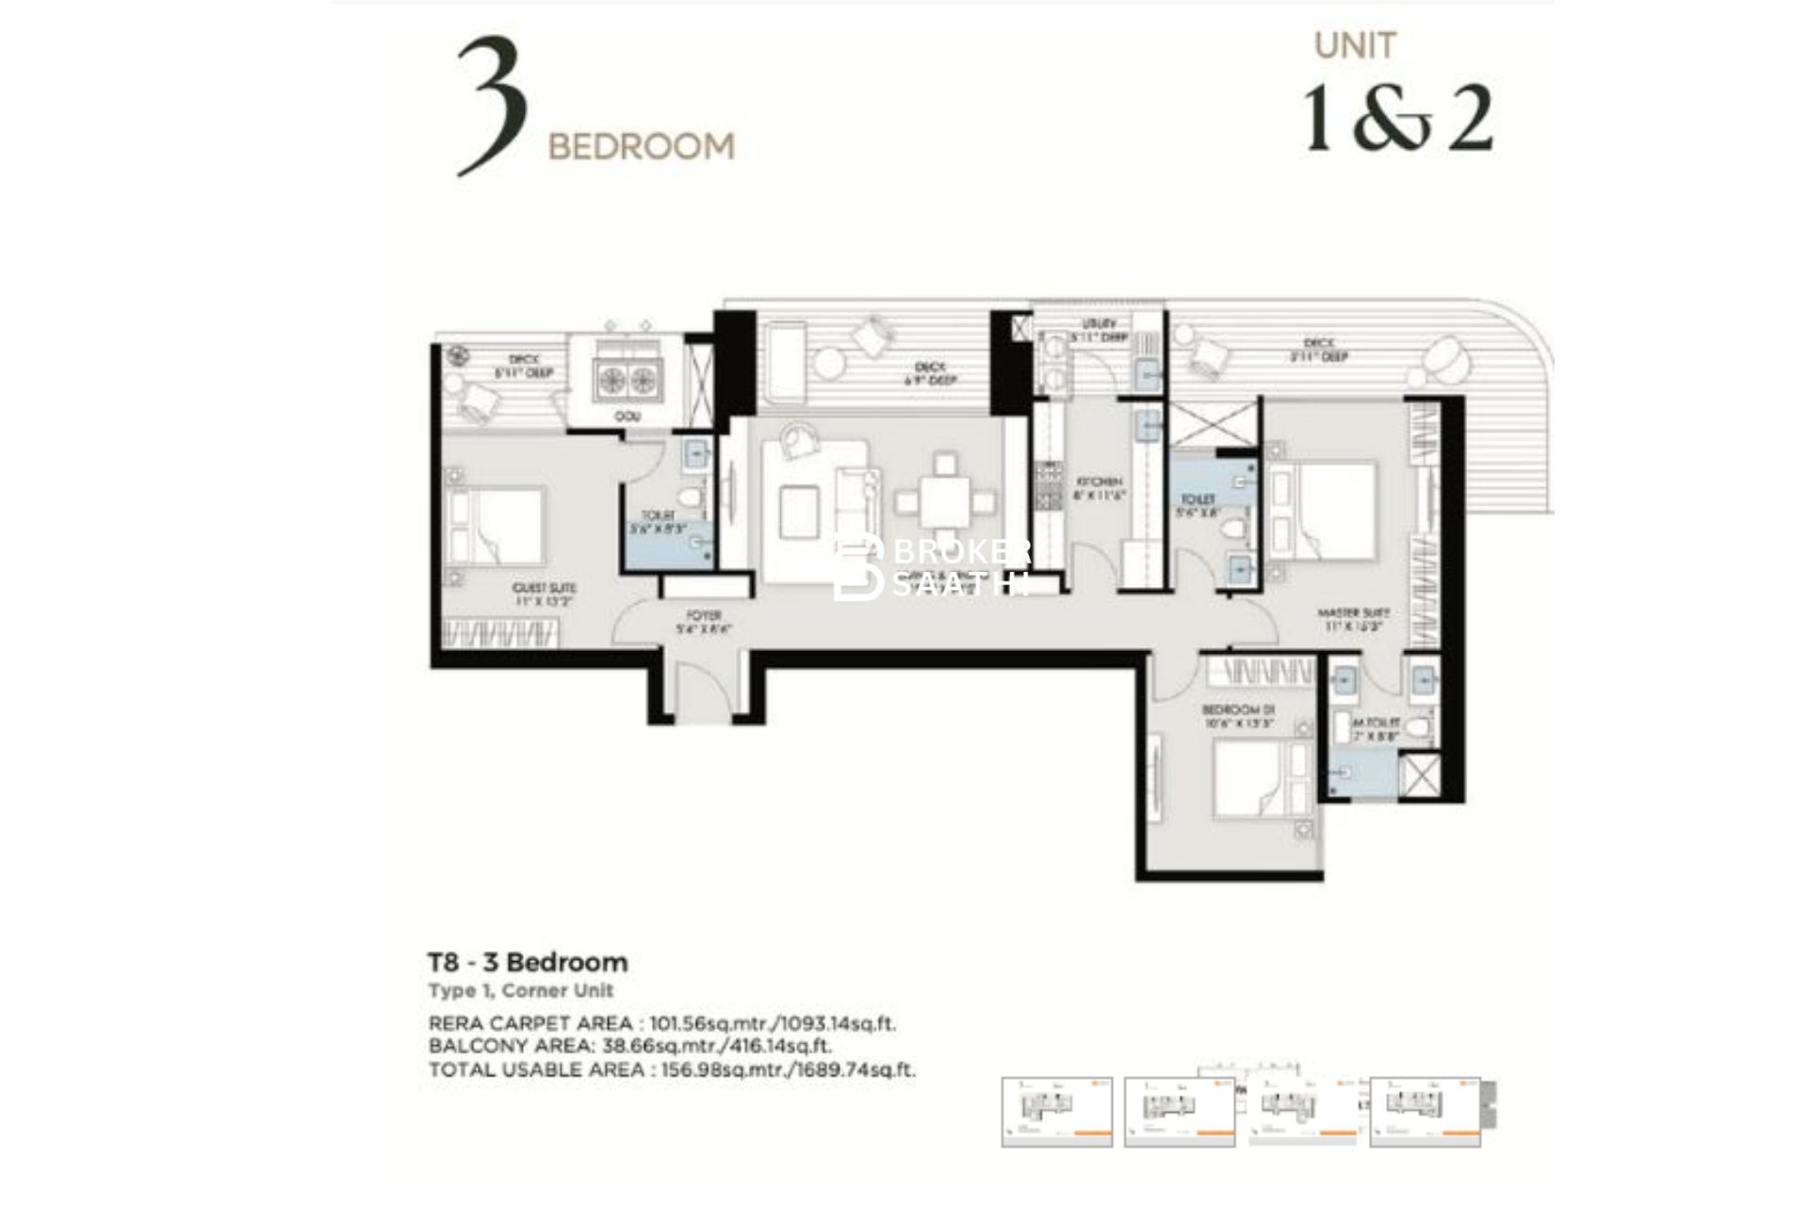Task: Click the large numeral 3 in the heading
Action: (491, 106)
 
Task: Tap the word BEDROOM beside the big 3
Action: (641, 147)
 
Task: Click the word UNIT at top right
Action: (1355, 45)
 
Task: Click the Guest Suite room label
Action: (545, 594)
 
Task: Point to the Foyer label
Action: (703, 622)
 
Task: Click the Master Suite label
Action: (1353, 618)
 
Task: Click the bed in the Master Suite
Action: (1323, 509)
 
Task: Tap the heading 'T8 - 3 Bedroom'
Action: (528, 962)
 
